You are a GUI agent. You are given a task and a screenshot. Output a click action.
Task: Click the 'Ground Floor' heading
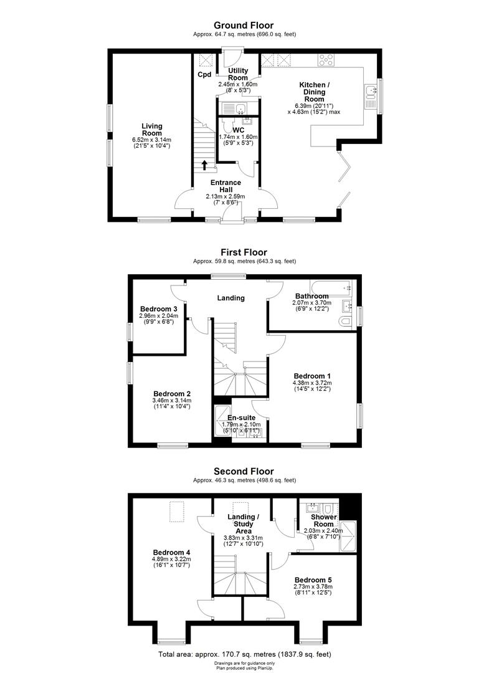point(244,26)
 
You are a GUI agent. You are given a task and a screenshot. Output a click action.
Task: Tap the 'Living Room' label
point(151,129)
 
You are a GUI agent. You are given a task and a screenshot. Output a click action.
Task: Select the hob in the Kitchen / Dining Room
point(326,60)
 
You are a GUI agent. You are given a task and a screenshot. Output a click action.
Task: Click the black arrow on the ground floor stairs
point(206,165)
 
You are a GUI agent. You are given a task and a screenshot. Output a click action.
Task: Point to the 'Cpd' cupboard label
point(204,75)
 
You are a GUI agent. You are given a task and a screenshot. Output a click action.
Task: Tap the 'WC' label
point(238,130)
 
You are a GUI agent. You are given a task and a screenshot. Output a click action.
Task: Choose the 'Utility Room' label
point(238,74)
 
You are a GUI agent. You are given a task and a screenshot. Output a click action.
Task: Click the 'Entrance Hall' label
point(226,186)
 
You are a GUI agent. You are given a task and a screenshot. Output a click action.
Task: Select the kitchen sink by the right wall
point(373,93)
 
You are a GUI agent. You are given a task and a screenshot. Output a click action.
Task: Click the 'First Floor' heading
point(244,252)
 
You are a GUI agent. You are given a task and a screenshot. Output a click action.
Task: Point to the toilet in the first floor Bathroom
point(346,321)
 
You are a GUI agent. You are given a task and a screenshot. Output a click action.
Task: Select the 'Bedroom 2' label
point(171,393)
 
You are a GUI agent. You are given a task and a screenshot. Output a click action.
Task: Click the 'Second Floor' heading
point(244,471)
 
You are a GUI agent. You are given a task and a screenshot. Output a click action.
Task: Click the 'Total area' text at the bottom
point(244,654)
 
